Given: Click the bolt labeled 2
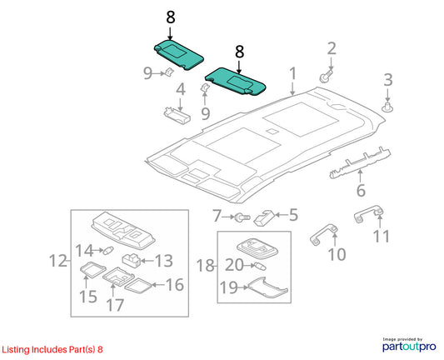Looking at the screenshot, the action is click(x=326, y=76).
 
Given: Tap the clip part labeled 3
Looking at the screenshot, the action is click(x=387, y=107).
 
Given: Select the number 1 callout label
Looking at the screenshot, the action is click(x=292, y=73).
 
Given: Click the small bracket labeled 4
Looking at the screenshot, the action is click(x=177, y=114).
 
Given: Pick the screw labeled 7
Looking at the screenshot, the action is click(x=241, y=217).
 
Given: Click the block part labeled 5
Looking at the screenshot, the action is click(x=264, y=217).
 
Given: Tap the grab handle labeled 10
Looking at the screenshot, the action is click(x=324, y=234).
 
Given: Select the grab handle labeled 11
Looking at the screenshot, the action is click(x=369, y=214).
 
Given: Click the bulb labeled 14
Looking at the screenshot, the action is click(x=108, y=250).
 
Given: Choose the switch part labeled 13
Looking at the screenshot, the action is click(x=132, y=261).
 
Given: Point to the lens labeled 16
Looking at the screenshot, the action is click(x=139, y=286).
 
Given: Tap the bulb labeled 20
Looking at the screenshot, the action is click(x=260, y=266).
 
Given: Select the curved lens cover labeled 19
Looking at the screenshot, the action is click(x=267, y=288).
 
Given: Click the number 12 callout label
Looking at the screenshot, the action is click(x=58, y=261).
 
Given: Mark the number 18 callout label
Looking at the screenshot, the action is click(x=206, y=266).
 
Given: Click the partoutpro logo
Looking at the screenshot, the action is click(x=409, y=345).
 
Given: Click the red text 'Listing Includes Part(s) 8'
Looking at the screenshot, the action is click(x=52, y=349).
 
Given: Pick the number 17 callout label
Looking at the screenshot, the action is click(x=115, y=305).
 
